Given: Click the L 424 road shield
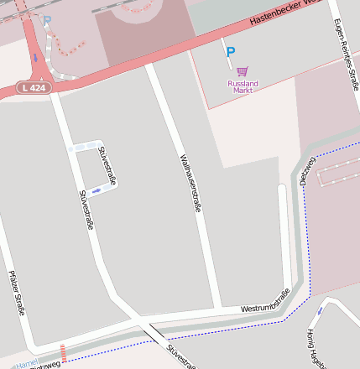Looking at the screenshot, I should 34,87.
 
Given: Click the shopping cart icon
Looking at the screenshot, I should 243,71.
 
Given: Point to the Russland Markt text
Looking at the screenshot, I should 243,86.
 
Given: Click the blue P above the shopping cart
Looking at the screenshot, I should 231,52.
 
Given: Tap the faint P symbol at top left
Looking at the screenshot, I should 47,21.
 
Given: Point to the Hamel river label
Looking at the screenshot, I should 27,363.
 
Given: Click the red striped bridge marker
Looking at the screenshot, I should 63,352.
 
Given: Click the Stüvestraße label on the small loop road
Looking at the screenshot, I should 107,165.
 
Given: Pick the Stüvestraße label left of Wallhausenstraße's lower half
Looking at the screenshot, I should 86,210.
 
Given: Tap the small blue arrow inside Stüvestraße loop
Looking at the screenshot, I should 98,191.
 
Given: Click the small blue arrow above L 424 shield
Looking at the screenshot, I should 35,57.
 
